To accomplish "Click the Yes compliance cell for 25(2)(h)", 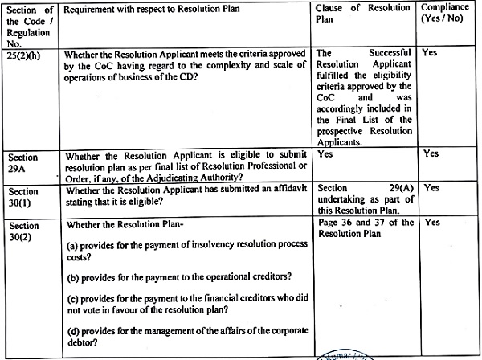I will pos(430,51).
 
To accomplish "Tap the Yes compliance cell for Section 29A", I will pos(431,153).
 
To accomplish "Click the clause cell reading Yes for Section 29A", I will pos(326,152).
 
